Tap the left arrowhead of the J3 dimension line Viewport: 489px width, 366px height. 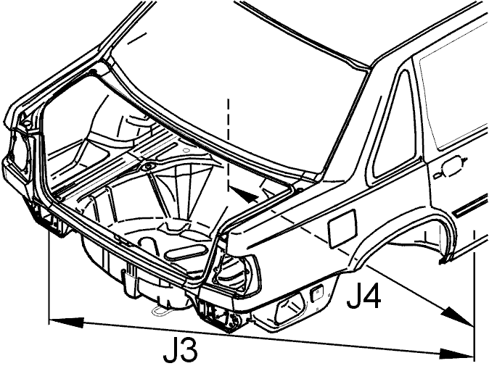click(67, 322)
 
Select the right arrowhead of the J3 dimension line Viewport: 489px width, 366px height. click(456, 354)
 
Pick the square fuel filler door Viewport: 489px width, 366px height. click(342, 228)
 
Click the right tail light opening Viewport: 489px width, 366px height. click(234, 272)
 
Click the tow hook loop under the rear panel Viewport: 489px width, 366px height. click(163, 310)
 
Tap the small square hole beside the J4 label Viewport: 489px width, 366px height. click(316, 293)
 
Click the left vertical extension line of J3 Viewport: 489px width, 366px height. click(49, 278)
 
